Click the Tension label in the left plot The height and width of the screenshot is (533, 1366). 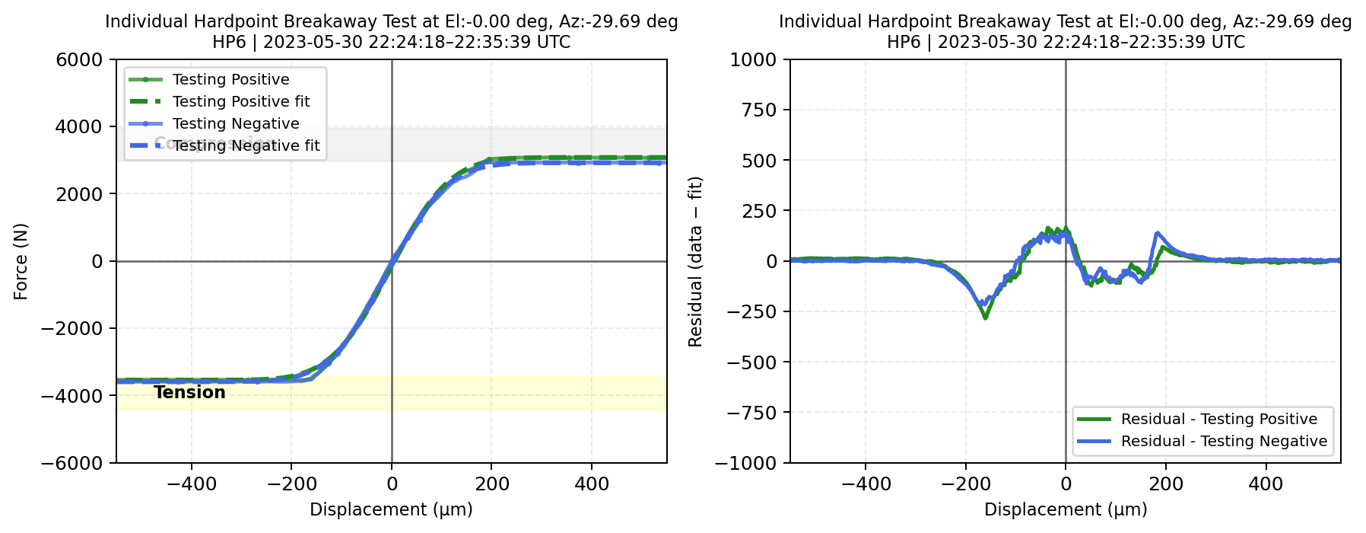click(x=189, y=392)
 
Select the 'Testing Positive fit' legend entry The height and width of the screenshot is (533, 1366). click(x=241, y=101)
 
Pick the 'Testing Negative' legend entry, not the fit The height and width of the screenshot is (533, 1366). click(x=236, y=123)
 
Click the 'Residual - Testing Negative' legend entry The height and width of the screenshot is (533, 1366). click(x=1224, y=441)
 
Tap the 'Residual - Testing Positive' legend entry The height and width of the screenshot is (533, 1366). click(x=1218, y=419)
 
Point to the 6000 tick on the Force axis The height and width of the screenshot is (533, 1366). click(x=79, y=59)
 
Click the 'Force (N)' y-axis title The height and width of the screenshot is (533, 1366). click(x=21, y=261)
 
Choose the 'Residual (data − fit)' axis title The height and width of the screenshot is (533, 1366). click(x=695, y=261)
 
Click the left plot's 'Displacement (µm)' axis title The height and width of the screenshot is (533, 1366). click(x=391, y=509)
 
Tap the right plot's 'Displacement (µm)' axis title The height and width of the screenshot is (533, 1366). click(x=1066, y=509)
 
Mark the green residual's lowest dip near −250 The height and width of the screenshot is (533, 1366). click(x=985, y=318)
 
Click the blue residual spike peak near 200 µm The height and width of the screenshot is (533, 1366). click(x=1158, y=233)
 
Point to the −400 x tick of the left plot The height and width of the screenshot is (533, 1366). click(x=191, y=484)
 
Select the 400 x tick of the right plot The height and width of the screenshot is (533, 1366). click(x=1266, y=484)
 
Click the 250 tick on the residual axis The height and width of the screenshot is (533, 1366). click(x=761, y=211)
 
